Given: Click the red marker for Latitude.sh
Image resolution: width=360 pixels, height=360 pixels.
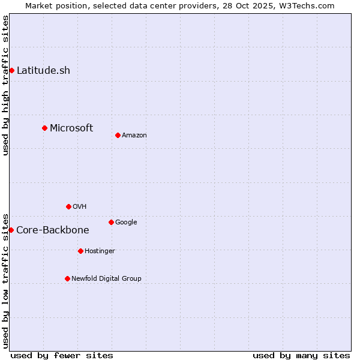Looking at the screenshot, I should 11,70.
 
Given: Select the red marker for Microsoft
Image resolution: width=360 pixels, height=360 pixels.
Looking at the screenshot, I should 44,128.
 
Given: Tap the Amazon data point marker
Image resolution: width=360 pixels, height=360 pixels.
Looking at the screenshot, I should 118,135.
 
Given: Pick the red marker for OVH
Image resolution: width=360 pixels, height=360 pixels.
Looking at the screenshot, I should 68,206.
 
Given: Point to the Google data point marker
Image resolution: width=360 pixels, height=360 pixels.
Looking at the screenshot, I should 111,222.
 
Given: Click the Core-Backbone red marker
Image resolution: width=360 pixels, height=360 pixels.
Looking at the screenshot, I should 11,230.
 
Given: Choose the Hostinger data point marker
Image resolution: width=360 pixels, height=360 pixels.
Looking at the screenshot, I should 80,251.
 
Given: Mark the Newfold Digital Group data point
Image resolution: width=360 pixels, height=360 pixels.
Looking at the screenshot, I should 67,278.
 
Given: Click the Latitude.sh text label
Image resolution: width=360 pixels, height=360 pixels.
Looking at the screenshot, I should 43,70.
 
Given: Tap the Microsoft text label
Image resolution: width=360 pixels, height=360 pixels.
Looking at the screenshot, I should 71,128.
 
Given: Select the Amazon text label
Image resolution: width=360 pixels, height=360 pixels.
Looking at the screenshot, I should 134,135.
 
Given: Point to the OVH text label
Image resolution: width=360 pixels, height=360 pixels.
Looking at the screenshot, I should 80,206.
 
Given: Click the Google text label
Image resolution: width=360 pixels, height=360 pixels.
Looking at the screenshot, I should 126,222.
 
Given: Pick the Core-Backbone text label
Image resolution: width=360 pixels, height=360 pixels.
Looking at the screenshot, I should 53,230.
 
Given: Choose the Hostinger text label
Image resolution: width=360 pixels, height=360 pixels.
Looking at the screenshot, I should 100,251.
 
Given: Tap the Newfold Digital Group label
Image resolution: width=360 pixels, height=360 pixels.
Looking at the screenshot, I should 106,278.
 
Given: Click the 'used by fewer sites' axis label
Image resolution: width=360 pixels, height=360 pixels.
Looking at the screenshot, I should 62,355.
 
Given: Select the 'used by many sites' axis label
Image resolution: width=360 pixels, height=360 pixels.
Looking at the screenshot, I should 301,355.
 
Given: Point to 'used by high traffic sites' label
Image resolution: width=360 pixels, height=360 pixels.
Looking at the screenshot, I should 5,85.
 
